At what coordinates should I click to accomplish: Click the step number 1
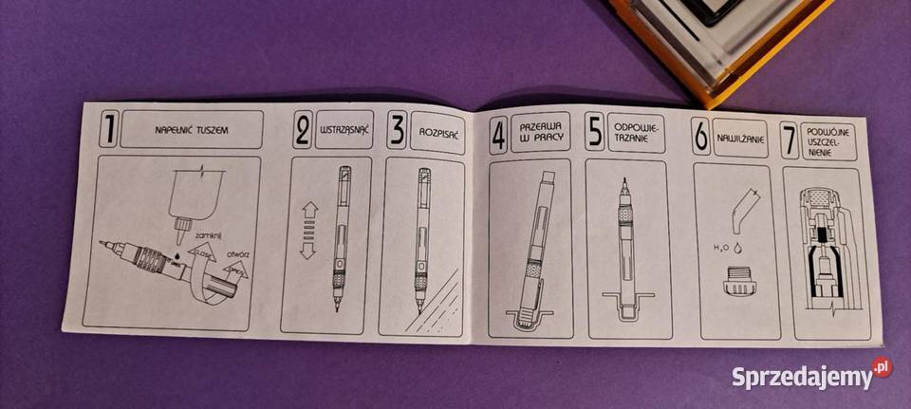(x=107, y=130)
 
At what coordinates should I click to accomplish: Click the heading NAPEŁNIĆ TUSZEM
(x=194, y=129)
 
